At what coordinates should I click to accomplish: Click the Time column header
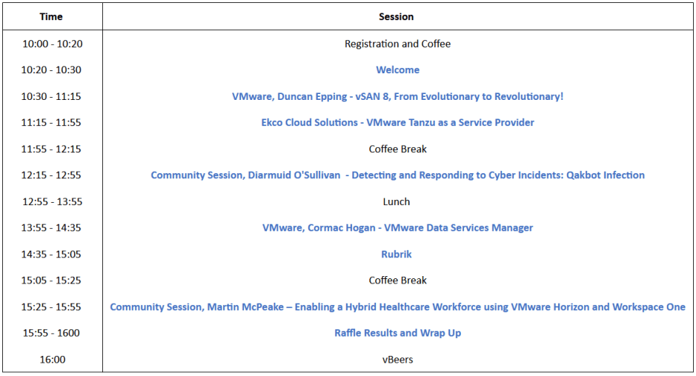pos(51,17)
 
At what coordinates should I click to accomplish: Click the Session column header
pos(397,17)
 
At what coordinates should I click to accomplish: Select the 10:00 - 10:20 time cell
pos(53,44)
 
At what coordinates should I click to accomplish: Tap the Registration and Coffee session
pos(398,44)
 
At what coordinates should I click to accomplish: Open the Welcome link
pos(398,70)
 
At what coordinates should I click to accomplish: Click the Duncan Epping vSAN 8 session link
pos(398,97)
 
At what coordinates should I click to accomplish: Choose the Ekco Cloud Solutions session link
pos(398,123)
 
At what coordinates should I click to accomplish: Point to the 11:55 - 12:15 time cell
pos(51,149)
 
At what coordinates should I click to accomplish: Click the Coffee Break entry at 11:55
pos(398,149)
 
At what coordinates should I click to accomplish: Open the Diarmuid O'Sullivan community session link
pos(398,175)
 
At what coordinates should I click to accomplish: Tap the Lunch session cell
pos(397,202)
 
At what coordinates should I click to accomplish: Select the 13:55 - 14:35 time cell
pos(51,228)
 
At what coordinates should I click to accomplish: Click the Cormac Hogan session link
pos(398,228)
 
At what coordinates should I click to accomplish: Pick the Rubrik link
pos(397,255)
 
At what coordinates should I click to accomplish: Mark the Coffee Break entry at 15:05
pos(398,281)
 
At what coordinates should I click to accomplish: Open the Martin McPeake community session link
pos(398,307)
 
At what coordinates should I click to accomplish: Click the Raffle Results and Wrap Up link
pos(398,333)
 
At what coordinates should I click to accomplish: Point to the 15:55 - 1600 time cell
pos(51,333)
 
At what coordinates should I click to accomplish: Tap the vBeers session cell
pos(398,360)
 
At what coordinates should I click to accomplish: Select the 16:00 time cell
pos(53,360)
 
